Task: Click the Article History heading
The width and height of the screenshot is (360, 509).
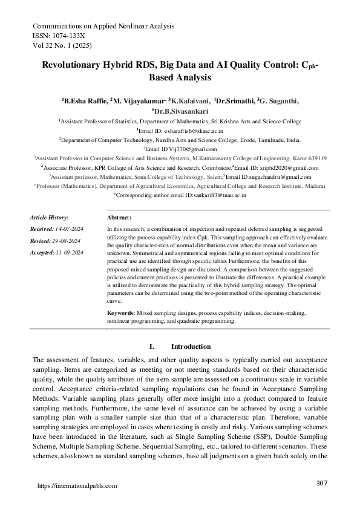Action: click(x=50, y=217)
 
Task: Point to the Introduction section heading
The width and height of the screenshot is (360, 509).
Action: click(x=191, y=346)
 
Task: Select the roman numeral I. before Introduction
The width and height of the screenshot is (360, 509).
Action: click(x=151, y=346)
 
